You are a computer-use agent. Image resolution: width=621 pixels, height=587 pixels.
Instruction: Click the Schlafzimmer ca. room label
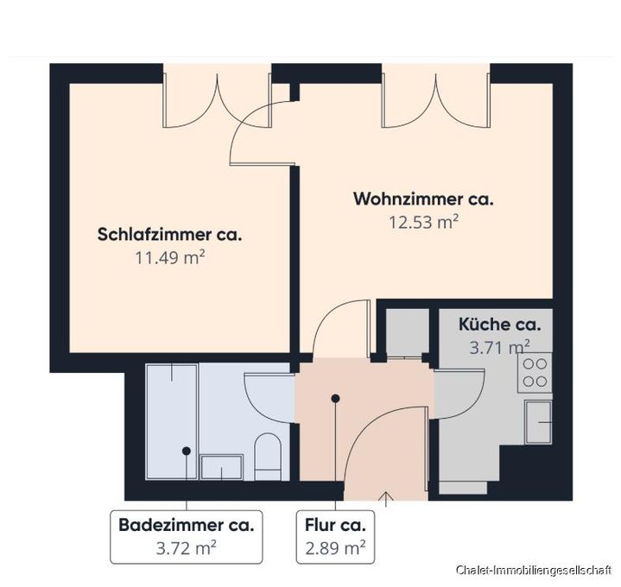(x=169, y=234)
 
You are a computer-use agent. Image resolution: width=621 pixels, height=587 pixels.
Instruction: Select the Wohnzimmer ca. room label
(x=423, y=199)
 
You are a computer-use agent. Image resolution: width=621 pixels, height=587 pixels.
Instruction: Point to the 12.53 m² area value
(x=423, y=221)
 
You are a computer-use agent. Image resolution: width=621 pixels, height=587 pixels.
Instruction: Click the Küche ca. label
(x=500, y=325)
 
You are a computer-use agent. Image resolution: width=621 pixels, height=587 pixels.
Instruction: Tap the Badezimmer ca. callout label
(x=185, y=524)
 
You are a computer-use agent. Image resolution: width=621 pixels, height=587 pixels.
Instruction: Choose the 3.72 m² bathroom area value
(x=185, y=546)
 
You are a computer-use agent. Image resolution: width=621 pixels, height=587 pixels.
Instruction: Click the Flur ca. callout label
(x=336, y=524)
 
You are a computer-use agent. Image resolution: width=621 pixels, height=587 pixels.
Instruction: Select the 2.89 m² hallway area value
(x=336, y=546)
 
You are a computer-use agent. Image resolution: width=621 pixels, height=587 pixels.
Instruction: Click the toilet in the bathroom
(x=269, y=456)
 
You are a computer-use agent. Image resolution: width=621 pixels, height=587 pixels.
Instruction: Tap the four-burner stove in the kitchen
(x=535, y=372)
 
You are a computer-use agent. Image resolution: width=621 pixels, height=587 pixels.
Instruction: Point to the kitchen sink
(x=539, y=422)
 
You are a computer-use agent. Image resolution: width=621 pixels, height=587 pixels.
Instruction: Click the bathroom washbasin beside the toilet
(x=223, y=467)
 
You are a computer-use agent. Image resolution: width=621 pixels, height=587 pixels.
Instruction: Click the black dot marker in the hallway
(x=335, y=398)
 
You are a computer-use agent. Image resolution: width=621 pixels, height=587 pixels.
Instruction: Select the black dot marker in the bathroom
(x=186, y=451)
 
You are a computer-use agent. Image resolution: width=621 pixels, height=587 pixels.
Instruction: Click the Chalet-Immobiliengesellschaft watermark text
(x=534, y=571)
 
